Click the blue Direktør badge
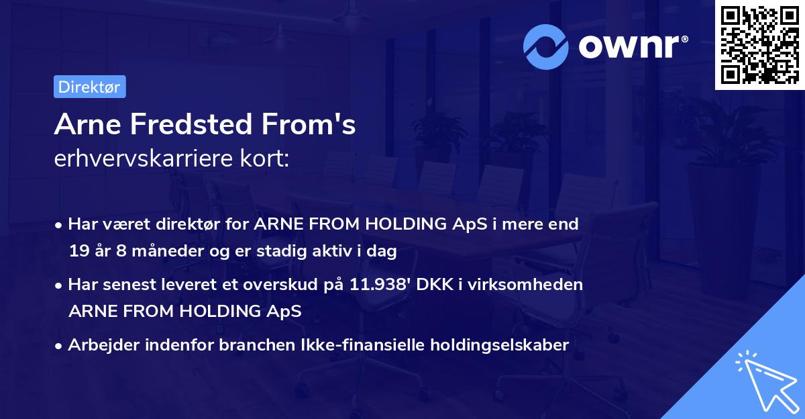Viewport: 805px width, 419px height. (90, 87)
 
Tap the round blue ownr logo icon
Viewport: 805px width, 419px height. (545, 47)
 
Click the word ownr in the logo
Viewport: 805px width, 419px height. (629, 47)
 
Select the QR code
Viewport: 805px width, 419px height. (760, 45)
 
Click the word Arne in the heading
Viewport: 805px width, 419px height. (87, 124)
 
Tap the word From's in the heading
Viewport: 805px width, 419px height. (309, 124)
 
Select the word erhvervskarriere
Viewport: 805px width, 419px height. (144, 158)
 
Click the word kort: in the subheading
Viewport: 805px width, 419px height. (264, 158)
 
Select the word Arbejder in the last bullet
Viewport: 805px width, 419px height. (103, 345)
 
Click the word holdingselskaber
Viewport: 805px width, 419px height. (500, 345)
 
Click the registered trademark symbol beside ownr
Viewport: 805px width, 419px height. (684, 39)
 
